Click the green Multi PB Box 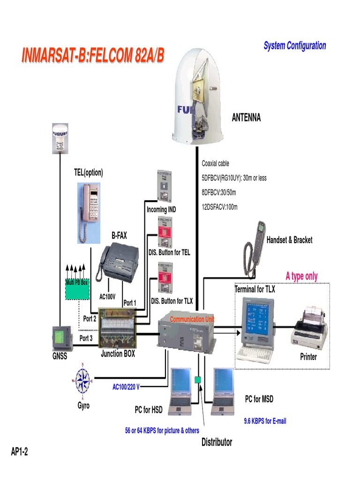point(76,289)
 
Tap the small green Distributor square point(198,379)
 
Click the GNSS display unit point(61,338)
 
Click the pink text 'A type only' point(301,276)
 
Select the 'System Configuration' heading point(294,45)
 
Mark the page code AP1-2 point(20,451)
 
